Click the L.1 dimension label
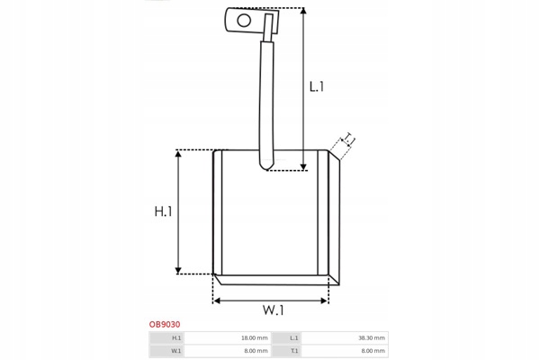(317, 86)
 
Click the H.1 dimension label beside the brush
(163, 211)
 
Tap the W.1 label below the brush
(274, 310)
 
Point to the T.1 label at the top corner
(349, 139)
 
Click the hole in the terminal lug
(244, 21)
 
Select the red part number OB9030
(165, 324)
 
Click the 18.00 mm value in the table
(254, 338)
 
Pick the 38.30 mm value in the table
(372, 338)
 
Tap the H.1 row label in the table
(176, 338)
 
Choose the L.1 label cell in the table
(293, 338)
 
